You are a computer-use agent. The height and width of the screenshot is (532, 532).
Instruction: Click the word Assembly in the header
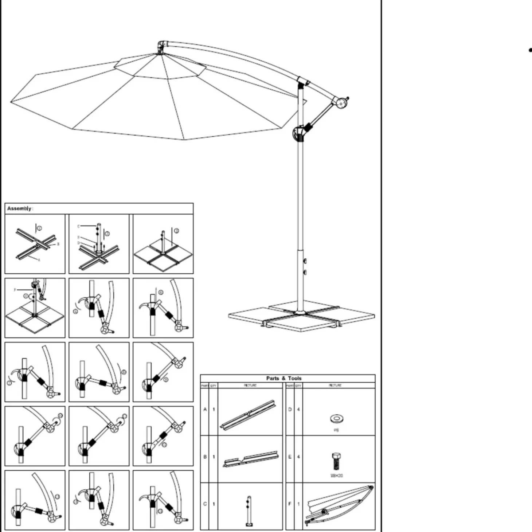coord(19,208)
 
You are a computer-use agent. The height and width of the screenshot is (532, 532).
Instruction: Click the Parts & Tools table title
coord(283,378)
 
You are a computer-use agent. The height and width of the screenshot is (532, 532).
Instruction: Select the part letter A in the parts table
coord(205,410)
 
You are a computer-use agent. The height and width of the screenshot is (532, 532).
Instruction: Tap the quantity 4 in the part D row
coord(298,410)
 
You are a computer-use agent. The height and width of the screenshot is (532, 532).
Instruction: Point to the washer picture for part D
coord(336,418)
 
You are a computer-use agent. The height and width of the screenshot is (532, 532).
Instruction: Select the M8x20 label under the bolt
coord(336,476)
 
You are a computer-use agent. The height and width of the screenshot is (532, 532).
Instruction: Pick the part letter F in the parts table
coord(290,504)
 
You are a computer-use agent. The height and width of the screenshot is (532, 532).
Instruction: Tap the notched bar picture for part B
coord(250,460)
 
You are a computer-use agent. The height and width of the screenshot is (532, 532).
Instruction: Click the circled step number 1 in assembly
coord(39,228)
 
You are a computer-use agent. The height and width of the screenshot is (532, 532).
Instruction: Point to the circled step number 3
coord(176,231)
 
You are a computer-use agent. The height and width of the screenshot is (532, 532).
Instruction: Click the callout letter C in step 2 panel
coord(78,226)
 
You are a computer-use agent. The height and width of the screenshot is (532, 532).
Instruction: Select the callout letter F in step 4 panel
coord(15,290)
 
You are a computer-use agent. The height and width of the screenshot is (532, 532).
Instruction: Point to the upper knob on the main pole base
coord(305,261)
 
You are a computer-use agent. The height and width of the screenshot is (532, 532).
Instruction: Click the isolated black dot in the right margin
coord(529,50)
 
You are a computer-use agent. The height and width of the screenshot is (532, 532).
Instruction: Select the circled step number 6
coord(161,292)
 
